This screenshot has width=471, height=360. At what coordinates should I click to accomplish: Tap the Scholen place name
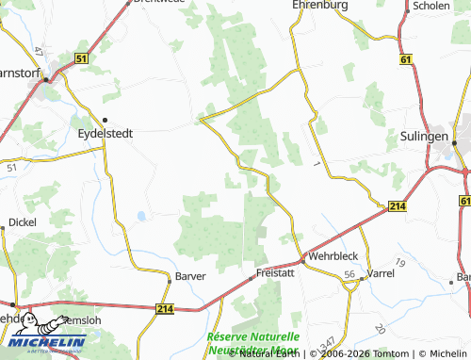point(430,5)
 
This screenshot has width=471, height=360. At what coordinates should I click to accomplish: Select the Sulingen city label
point(420,137)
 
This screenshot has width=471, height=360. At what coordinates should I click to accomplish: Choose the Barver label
point(189,276)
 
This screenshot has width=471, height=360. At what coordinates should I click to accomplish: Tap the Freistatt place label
point(269,272)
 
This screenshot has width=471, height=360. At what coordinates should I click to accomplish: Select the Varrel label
point(381,272)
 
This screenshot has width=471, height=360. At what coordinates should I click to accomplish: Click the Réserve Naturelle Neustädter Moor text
point(252,342)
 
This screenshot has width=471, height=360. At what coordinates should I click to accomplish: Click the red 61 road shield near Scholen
point(406,59)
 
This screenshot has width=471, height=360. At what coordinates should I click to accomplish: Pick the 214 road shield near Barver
point(166,308)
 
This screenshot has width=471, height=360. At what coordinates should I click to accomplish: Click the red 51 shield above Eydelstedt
point(82,58)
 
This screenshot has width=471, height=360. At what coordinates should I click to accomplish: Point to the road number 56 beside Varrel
point(349,273)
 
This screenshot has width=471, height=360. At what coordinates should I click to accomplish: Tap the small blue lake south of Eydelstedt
point(140,216)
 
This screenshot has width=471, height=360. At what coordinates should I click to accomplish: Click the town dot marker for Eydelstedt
point(105,120)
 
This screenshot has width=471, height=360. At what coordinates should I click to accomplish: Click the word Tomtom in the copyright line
point(380,353)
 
